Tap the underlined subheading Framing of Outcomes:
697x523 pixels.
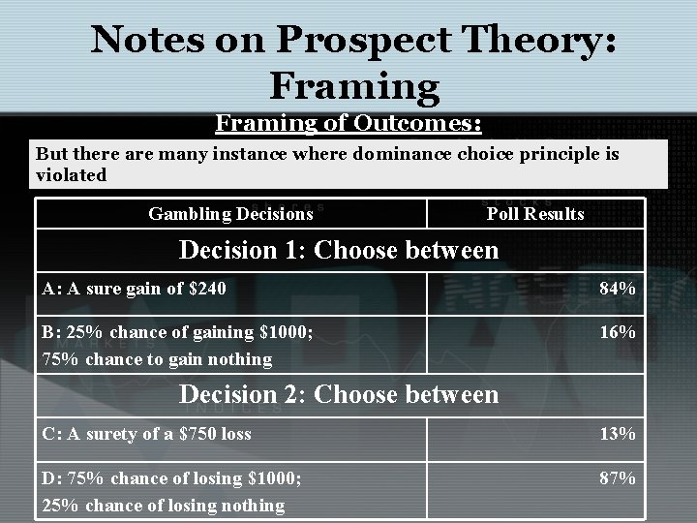(348, 124)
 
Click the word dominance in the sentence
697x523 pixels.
(423, 154)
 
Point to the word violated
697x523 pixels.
(71, 176)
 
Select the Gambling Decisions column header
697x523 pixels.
(230, 213)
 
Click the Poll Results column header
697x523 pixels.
(535, 213)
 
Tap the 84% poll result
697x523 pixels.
(617, 288)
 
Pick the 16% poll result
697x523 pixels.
(617, 332)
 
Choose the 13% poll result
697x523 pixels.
(617, 433)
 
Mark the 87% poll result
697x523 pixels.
(617, 477)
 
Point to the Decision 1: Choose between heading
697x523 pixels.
(339, 250)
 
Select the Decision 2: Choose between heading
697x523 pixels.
(339, 394)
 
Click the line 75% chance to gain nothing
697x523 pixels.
(157, 359)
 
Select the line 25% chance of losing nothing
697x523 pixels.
(163, 505)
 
